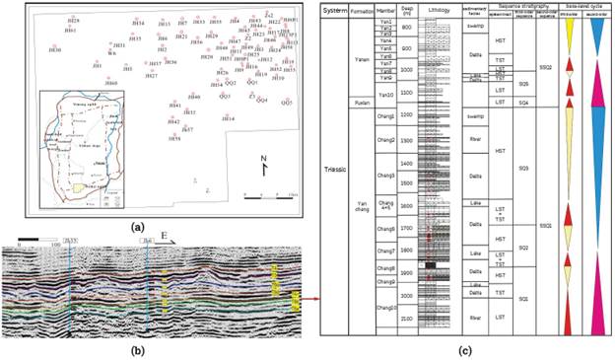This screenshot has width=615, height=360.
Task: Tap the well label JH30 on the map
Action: click(x=56, y=49)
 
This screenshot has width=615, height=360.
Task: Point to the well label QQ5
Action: click(x=287, y=103)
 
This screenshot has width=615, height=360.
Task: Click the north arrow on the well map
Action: click(x=264, y=163)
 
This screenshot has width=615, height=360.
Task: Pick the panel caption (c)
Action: click(x=465, y=349)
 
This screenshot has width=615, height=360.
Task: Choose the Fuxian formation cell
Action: click(x=360, y=103)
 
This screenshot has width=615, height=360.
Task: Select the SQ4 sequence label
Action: click(x=523, y=103)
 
